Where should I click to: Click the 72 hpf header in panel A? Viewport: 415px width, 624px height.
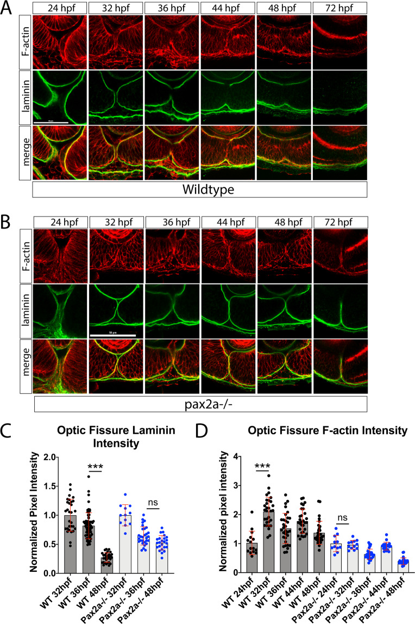click(x=339, y=8)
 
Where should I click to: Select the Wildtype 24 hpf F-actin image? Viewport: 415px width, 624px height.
click(x=59, y=41)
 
